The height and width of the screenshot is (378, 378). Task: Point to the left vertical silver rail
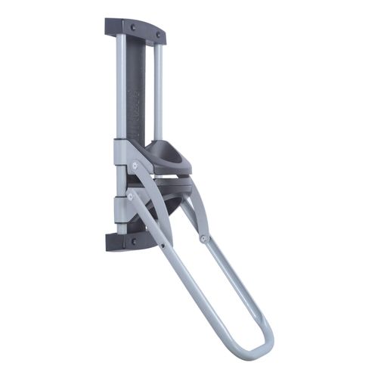pyautogui.click(x=122, y=83)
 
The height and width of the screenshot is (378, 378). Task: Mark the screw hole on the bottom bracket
pyautogui.click(x=134, y=242)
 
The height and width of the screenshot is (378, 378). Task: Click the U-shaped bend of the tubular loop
pyautogui.click(x=257, y=355)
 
